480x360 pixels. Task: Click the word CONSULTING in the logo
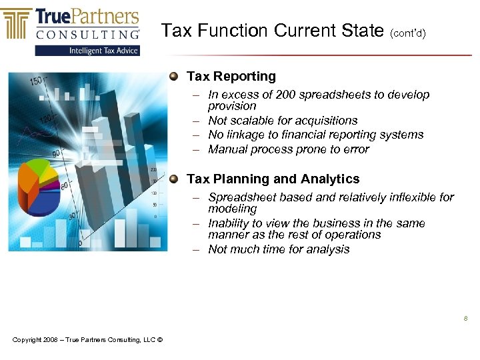(88, 33)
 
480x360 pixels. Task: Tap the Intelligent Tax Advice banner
(87, 50)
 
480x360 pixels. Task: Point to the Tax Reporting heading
(231, 77)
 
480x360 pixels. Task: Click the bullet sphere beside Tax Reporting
(174, 76)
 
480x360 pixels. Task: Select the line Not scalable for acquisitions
(283, 121)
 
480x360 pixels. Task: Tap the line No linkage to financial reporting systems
(315, 135)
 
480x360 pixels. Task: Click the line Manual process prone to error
(288, 149)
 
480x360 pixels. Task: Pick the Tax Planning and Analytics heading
(273, 179)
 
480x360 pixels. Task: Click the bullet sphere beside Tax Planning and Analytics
(174, 179)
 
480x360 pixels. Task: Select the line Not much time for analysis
(279, 249)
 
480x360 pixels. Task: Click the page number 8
(465, 319)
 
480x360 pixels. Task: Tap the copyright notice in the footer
(87, 341)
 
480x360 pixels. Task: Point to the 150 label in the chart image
(35, 81)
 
